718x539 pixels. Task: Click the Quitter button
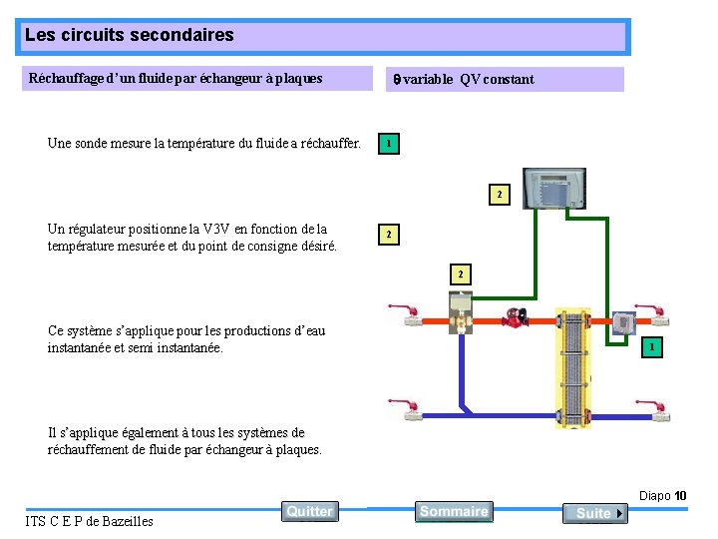tap(309, 511)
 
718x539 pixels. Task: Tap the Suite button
tap(594, 513)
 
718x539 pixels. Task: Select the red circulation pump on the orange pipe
tap(517, 317)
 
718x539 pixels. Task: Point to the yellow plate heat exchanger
tap(573, 366)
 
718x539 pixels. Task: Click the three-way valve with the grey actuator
tap(461, 311)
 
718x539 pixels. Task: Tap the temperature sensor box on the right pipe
tap(623, 321)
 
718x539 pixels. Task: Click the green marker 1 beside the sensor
tap(650, 346)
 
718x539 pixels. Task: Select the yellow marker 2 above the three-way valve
tap(460, 273)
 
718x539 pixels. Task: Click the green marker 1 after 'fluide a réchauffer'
tap(388, 145)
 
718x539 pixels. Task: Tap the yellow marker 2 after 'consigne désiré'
tap(388, 236)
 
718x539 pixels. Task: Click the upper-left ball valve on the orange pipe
tap(408, 314)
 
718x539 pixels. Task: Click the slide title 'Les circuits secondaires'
tap(130, 36)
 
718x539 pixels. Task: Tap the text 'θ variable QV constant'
tap(461, 80)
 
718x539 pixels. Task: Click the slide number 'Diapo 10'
tap(662, 496)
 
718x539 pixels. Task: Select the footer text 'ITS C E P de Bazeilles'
tap(89, 521)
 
